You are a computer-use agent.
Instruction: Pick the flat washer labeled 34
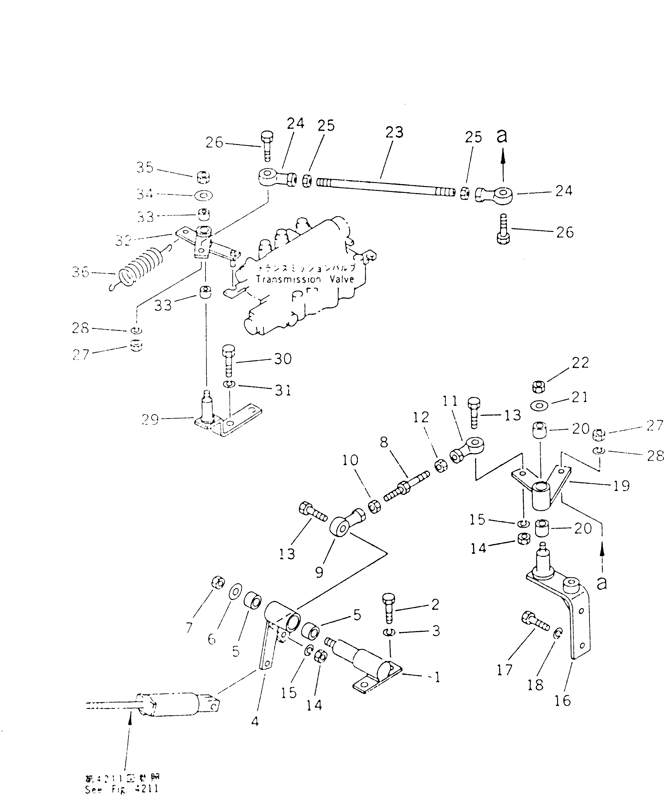click(x=203, y=195)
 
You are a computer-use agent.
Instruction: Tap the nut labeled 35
click(x=203, y=177)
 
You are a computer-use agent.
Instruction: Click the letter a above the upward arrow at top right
click(x=502, y=136)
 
